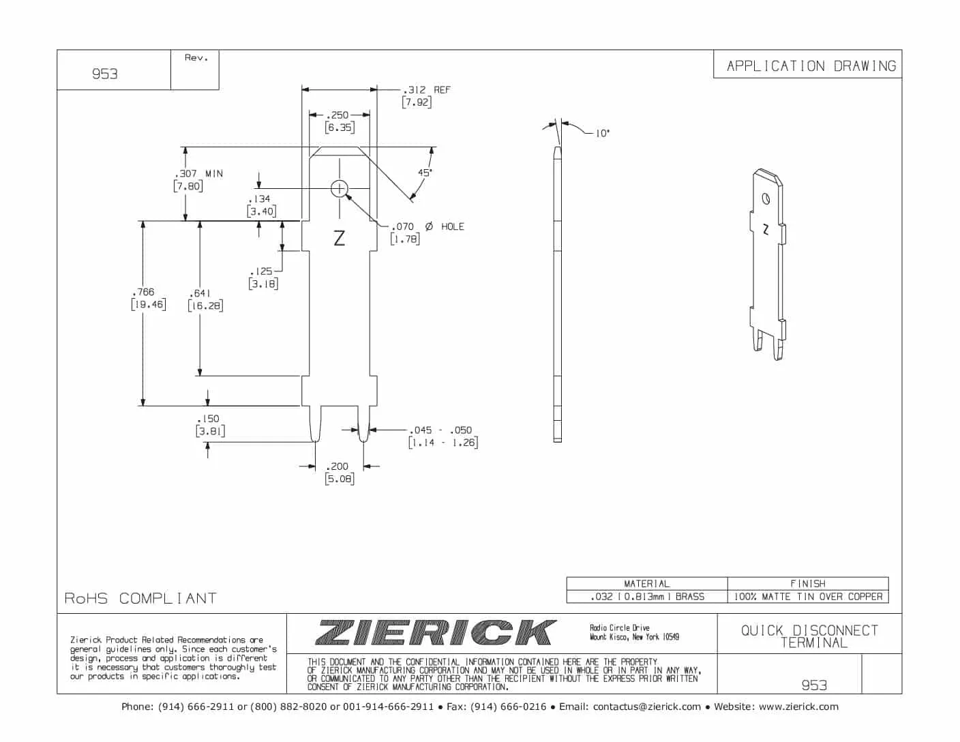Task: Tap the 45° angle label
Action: (x=425, y=173)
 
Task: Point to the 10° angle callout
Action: (x=603, y=133)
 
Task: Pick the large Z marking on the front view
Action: (x=340, y=238)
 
